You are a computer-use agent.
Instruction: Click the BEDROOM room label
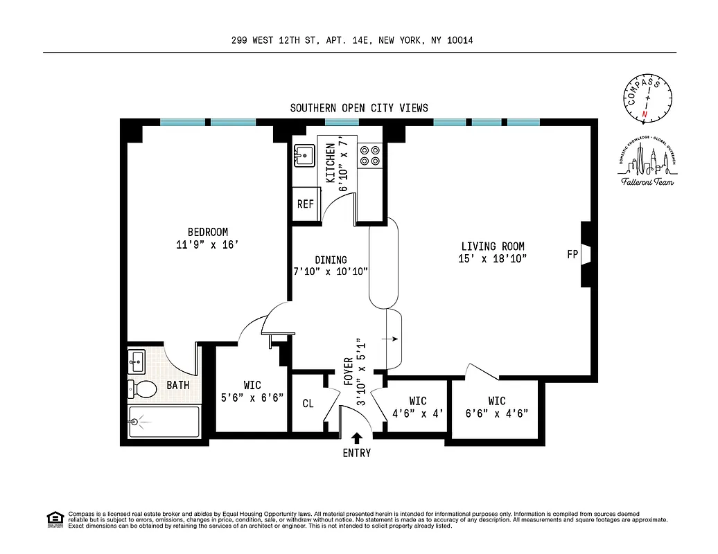tap(207, 232)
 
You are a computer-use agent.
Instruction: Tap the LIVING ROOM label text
tap(493, 246)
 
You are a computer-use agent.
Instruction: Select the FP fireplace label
tap(572, 254)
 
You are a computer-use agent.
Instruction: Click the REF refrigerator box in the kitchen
tap(305, 204)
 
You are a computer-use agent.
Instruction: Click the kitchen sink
tap(304, 155)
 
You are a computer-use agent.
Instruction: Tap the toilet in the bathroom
tap(143, 388)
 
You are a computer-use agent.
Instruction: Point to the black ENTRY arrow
tap(357, 438)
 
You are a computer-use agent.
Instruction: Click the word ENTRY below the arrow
tap(357, 454)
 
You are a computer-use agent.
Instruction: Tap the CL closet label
tap(308, 403)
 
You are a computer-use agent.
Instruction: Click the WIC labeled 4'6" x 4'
tap(417, 406)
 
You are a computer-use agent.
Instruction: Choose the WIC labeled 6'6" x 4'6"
tap(496, 406)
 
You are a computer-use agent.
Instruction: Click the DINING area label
tap(331, 260)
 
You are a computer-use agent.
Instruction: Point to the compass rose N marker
tap(645, 114)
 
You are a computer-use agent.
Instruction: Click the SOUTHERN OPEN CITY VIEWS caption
tap(359, 108)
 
